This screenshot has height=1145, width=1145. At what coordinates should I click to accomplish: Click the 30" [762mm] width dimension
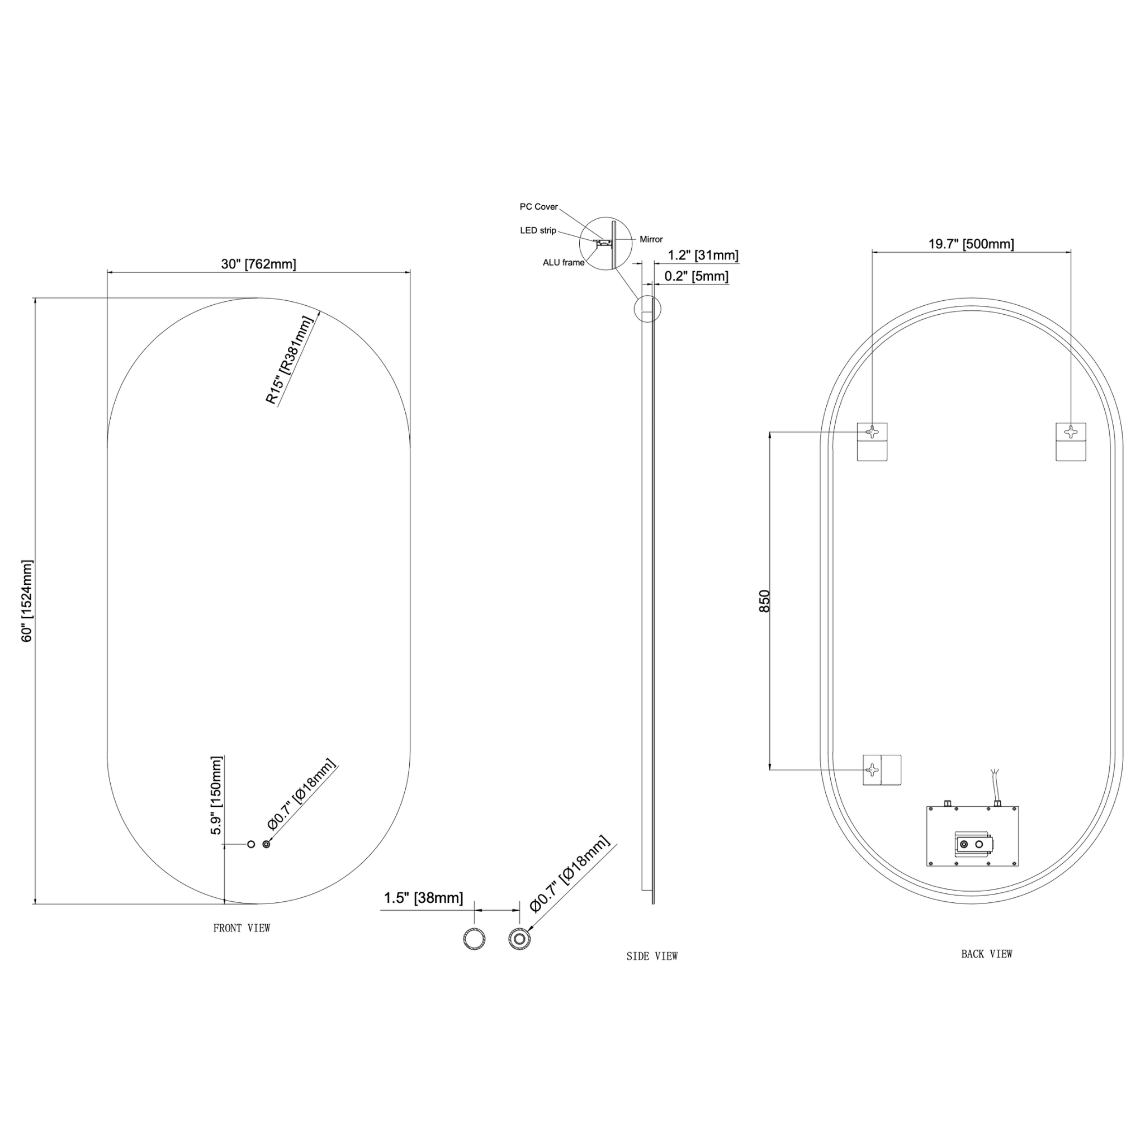(x=258, y=264)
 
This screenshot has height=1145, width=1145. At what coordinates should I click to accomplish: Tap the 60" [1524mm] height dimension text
(x=27, y=601)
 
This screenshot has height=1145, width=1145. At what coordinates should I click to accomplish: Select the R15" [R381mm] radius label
(x=288, y=359)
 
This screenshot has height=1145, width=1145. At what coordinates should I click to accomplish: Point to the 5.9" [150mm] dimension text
(x=216, y=796)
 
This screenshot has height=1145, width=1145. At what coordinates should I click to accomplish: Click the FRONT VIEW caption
(x=242, y=928)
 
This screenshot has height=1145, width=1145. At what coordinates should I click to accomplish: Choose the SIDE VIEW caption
(x=652, y=956)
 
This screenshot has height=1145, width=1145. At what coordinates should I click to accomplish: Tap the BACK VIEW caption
(x=987, y=954)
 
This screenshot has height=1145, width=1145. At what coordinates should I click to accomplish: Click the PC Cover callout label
(x=539, y=207)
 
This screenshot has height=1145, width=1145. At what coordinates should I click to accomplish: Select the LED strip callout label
(x=538, y=230)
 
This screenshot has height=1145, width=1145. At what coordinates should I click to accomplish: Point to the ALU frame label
(x=564, y=263)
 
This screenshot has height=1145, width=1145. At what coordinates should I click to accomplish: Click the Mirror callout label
(x=651, y=239)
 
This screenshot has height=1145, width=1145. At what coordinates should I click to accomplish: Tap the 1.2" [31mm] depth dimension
(x=703, y=255)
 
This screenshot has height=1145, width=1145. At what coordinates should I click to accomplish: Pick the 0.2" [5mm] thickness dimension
(x=697, y=276)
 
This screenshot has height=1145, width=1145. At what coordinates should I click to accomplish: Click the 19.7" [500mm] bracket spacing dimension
(x=971, y=244)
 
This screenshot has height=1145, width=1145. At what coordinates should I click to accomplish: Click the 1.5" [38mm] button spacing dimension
(x=423, y=898)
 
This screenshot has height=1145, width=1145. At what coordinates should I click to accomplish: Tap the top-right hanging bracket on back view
(x=1071, y=442)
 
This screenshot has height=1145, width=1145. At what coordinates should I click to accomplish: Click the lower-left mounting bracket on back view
(x=881, y=770)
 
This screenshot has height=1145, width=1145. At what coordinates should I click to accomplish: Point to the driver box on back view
(x=972, y=836)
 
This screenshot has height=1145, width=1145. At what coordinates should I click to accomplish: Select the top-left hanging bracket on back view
(x=872, y=442)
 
